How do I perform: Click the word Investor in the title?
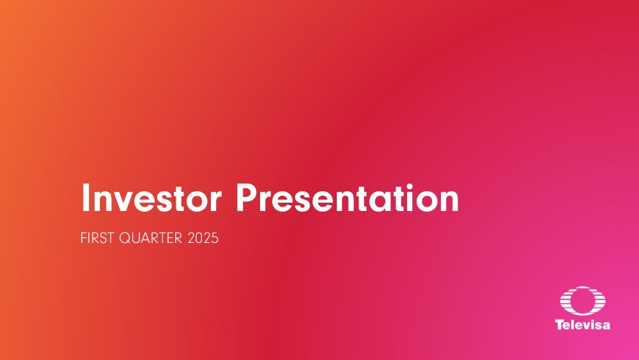(151, 198)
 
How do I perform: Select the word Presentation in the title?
(348, 198)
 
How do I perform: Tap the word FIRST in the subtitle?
(97, 238)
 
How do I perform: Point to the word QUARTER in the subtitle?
(151, 238)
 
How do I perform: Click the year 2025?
(203, 238)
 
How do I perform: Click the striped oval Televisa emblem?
(583, 301)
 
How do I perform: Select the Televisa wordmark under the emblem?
(583, 325)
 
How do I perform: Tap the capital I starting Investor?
(85, 198)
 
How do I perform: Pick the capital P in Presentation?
(246, 198)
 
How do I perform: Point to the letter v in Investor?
(130, 202)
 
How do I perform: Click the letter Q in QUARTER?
(125, 238)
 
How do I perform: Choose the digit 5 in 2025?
(215, 238)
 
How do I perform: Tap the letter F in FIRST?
(84, 238)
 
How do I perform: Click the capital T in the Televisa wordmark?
(560, 325)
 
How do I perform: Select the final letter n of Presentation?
(450, 202)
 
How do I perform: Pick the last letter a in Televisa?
(606, 325)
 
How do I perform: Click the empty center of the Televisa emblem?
(583, 301)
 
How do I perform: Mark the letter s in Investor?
(173, 202)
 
